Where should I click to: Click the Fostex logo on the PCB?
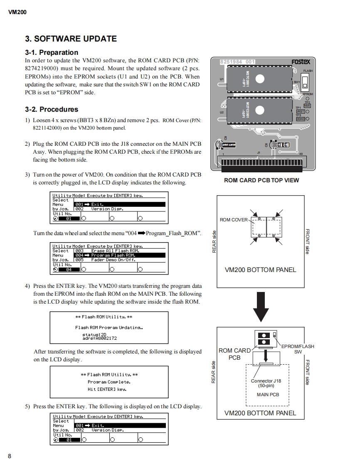(x=300, y=62)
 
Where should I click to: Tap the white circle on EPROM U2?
(x=260, y=110)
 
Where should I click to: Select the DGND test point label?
(x=300, y=119)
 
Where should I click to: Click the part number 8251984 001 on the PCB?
(x=237, y=62)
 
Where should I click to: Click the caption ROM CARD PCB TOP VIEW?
(x=261, y=180)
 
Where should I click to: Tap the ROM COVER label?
(x=234, y=220)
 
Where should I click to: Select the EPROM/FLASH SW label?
(x=298, y=349)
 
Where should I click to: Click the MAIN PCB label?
(x=268, y=395)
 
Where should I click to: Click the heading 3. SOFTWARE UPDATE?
(x=71, y=39)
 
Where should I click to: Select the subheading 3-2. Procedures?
(x=52, y=109)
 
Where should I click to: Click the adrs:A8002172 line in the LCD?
(x=99, y=338)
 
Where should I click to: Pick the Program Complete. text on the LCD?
(x=109, y=382)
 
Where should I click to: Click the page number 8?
(x=10, y=456)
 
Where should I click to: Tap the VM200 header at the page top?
(x=17, y=12)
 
